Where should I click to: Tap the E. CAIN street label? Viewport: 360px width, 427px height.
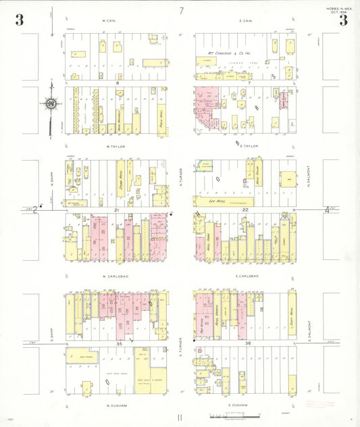[245, 21]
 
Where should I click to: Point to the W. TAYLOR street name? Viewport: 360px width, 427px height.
[116, 146]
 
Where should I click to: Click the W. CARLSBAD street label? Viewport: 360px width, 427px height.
[115, 276]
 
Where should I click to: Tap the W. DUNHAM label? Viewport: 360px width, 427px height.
[116, 405]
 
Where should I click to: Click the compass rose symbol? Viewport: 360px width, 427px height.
[51, 104]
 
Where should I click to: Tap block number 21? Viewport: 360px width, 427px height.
[116, 210]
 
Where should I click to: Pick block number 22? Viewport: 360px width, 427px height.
[246, 210]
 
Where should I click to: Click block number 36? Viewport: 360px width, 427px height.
[249, 344]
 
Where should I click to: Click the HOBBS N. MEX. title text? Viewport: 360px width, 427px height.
[330, 7]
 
